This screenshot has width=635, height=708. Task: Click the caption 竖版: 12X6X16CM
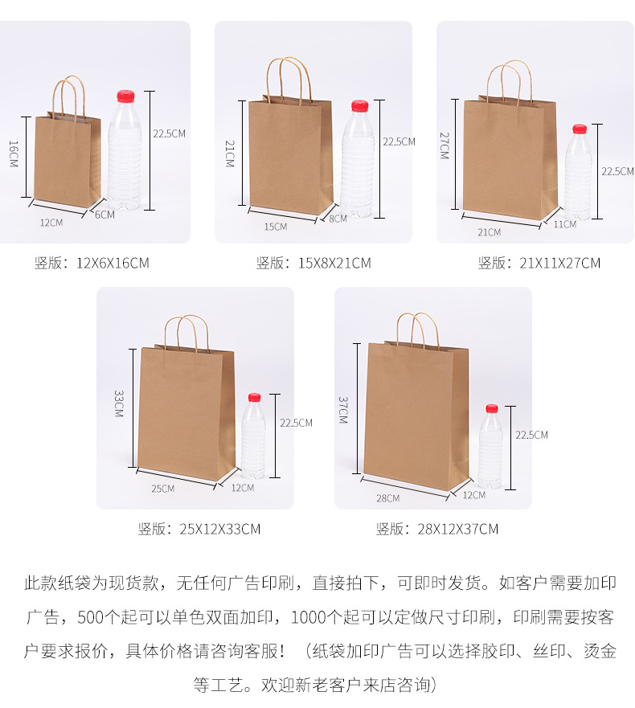[x=92, y=263]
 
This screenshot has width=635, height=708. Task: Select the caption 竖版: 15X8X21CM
[x=313, y=263]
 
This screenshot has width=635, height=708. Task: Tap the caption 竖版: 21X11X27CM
[x=539, y=263]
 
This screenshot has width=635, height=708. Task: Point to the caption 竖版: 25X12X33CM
[x=199, y=529]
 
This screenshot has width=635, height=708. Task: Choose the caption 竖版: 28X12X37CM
[x=436, y=529]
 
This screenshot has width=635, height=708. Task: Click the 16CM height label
[x=13, y=153]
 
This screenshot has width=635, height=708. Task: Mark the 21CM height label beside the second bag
[x=229, y=153]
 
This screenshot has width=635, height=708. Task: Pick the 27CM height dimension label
[x=444, y=145]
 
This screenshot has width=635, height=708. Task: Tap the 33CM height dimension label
[x=118, y=403]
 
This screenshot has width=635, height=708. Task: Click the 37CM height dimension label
[x=342, y=410]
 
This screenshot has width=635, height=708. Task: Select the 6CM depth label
[x=104, y=215]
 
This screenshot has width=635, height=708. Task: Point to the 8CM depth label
[x=338, y=218]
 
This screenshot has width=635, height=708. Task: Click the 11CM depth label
[x=564, y=224]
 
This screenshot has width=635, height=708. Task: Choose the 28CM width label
[x=387, y=498]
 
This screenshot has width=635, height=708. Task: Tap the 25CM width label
[x=162, y=489]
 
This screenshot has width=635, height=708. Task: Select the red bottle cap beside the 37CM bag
[x=491, y=409]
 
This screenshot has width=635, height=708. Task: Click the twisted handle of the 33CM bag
[x=187, y=330]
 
